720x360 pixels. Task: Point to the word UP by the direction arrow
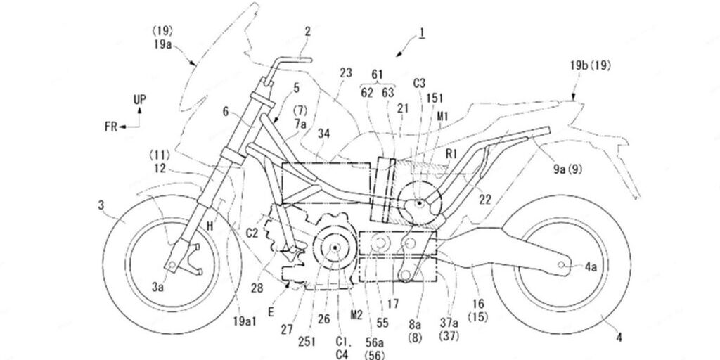pos(140,100)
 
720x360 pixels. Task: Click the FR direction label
pos(110,127)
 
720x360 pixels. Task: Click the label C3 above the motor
pos(420,82)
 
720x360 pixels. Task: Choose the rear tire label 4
pos(619,337)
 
